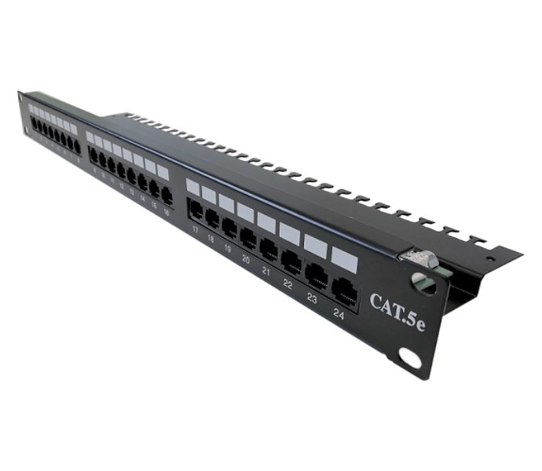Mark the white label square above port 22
click(x=290, y=232)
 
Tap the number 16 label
click(x=167, y=212)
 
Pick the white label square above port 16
click(x=163, y=171)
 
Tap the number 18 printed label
click(x=211, y=238)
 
